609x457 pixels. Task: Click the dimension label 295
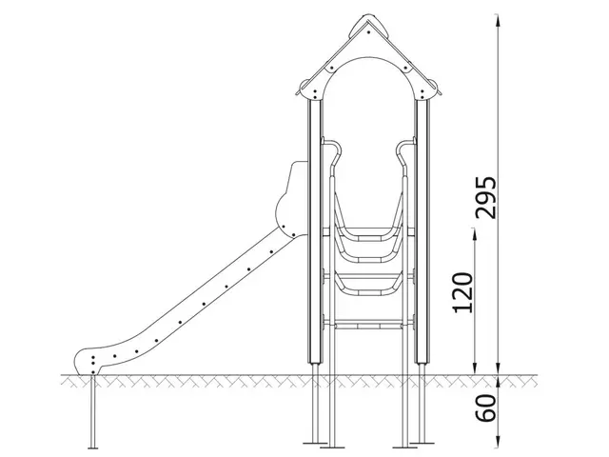click(x=485, y=197)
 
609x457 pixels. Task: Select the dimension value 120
click(x=463, y=293)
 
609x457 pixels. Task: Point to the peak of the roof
click(x=367, y=18)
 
